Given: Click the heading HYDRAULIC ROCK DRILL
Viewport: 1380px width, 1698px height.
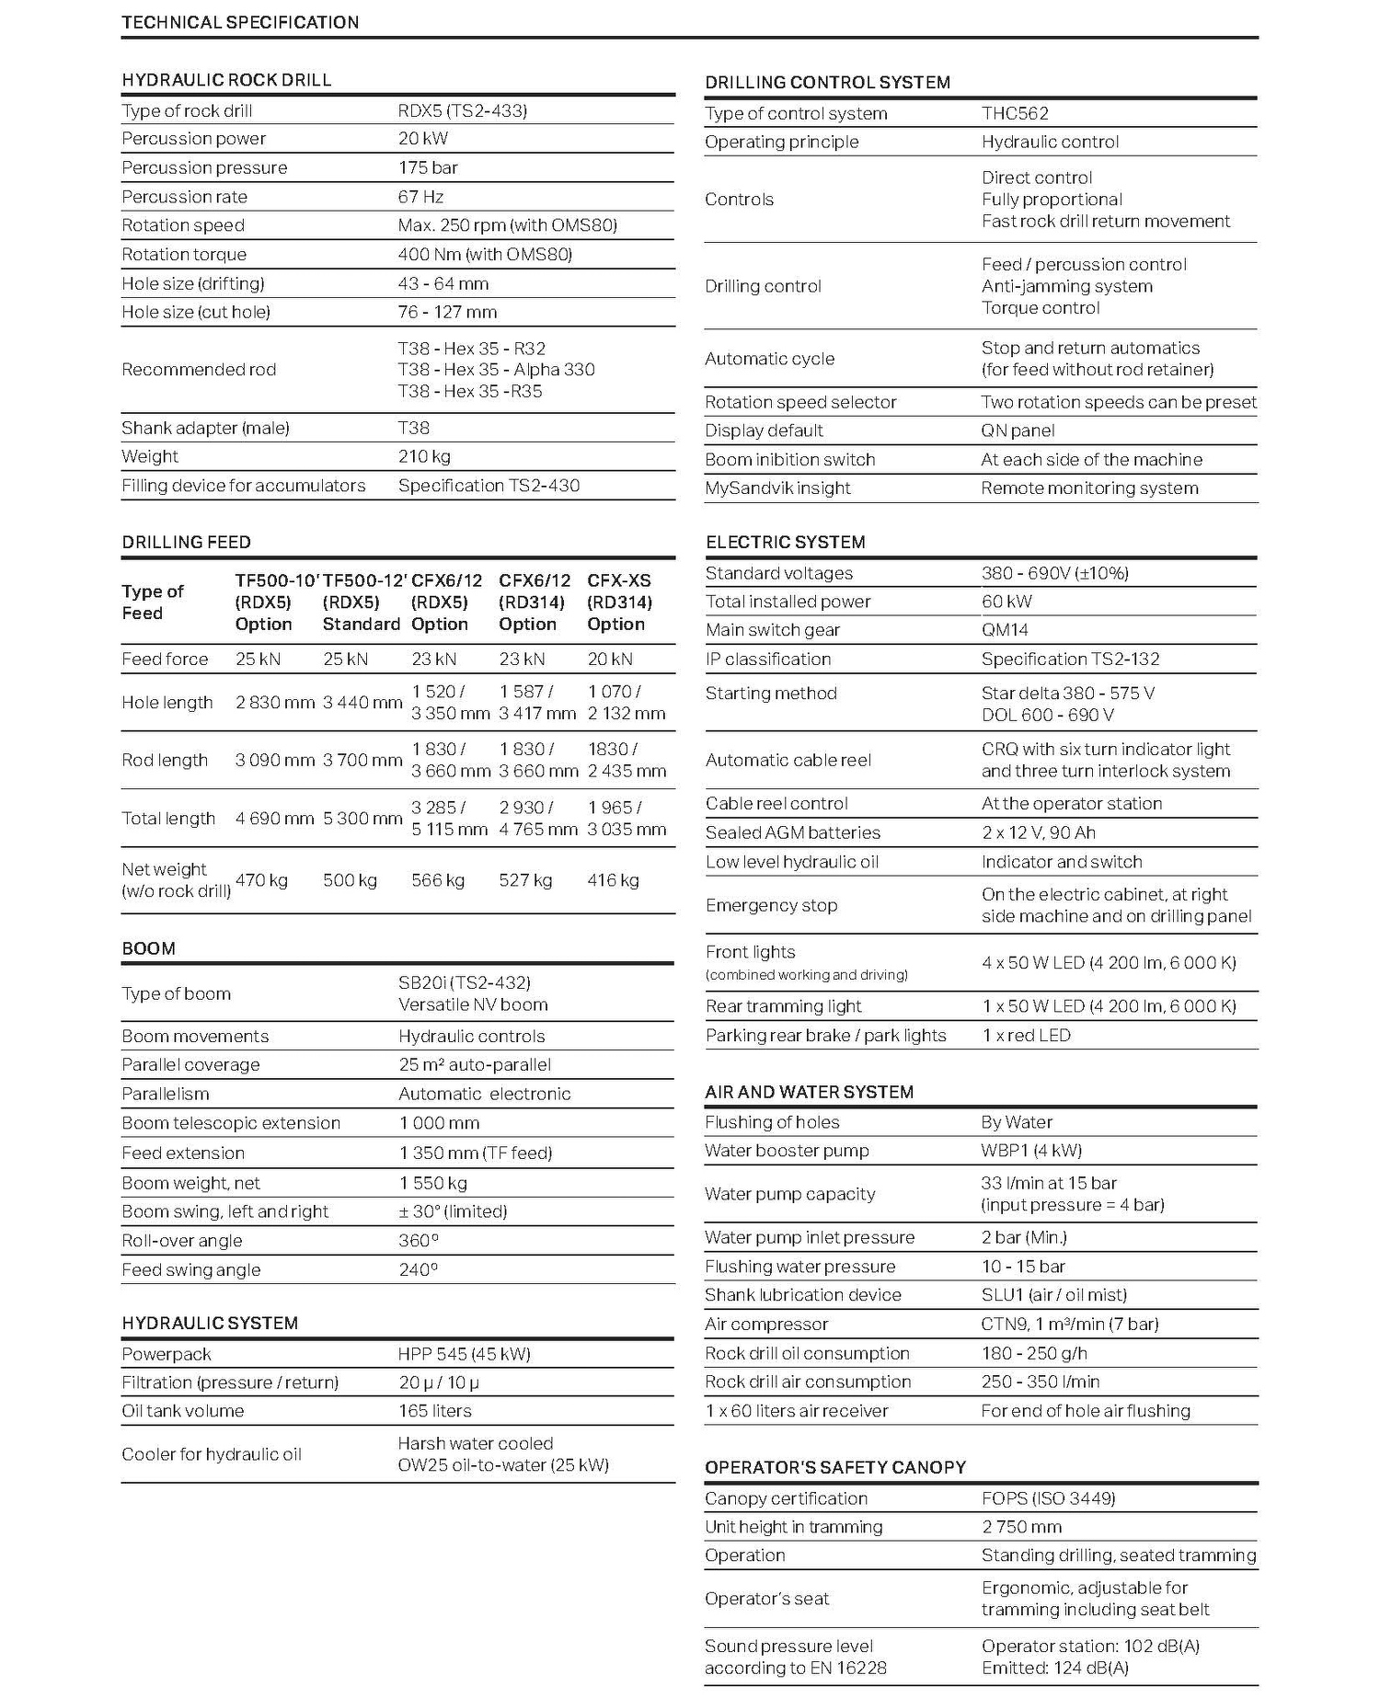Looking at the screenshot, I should pyautogui.click(x=226, y=80).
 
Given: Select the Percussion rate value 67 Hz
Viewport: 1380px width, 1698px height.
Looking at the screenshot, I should pyautogui.click(x=420, y=197).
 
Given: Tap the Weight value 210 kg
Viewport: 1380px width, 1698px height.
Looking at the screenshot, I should pyautogui.click(x=424, y=456).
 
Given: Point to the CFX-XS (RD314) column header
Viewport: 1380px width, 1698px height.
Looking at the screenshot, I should pyautogui.click(x=619, y=602).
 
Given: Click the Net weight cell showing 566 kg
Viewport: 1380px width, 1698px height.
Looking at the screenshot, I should pyautogui.click(x=438, y=880).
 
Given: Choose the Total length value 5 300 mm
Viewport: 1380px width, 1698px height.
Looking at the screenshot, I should pyautogui.click(x=362, y=818).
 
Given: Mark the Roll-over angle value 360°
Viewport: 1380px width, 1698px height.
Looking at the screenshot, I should pyautogui.click(x=419, y=1240).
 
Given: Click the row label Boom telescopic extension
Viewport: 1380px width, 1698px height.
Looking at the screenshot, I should pyautogui.click(x=231, y=1123).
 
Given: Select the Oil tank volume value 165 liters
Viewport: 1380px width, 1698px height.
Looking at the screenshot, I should pyautogui.click(x=434, y=1411).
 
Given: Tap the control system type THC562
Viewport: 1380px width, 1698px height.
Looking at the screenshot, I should pyautogui.click(x=1015, y=114).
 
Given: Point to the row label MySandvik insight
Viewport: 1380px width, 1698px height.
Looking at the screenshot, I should pyautogui.click(x=777, y=488).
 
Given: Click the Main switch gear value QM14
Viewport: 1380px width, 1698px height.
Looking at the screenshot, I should pyautogui.click(x=1005, y=630).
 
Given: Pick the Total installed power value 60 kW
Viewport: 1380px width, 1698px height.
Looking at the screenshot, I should pyautogui.click(x=1006, y=602).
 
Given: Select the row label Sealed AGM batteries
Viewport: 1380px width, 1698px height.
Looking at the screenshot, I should pyautogui.click(x=792, y=832).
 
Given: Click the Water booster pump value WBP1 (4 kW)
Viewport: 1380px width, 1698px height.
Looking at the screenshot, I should pyautogui.click(x=1031, y=1151).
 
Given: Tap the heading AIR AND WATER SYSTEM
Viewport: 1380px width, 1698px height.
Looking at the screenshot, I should pyautogui.click(x=809, y=1092).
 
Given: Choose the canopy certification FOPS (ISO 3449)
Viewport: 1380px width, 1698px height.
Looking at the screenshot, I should pyautogui.click(x=1048, y=1498).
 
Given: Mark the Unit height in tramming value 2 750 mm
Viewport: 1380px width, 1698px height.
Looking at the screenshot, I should pyautogui.click(x=1021, y=1527).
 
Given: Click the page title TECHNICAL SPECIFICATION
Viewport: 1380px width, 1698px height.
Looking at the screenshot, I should pyautogui.click(x=240, y=22).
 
